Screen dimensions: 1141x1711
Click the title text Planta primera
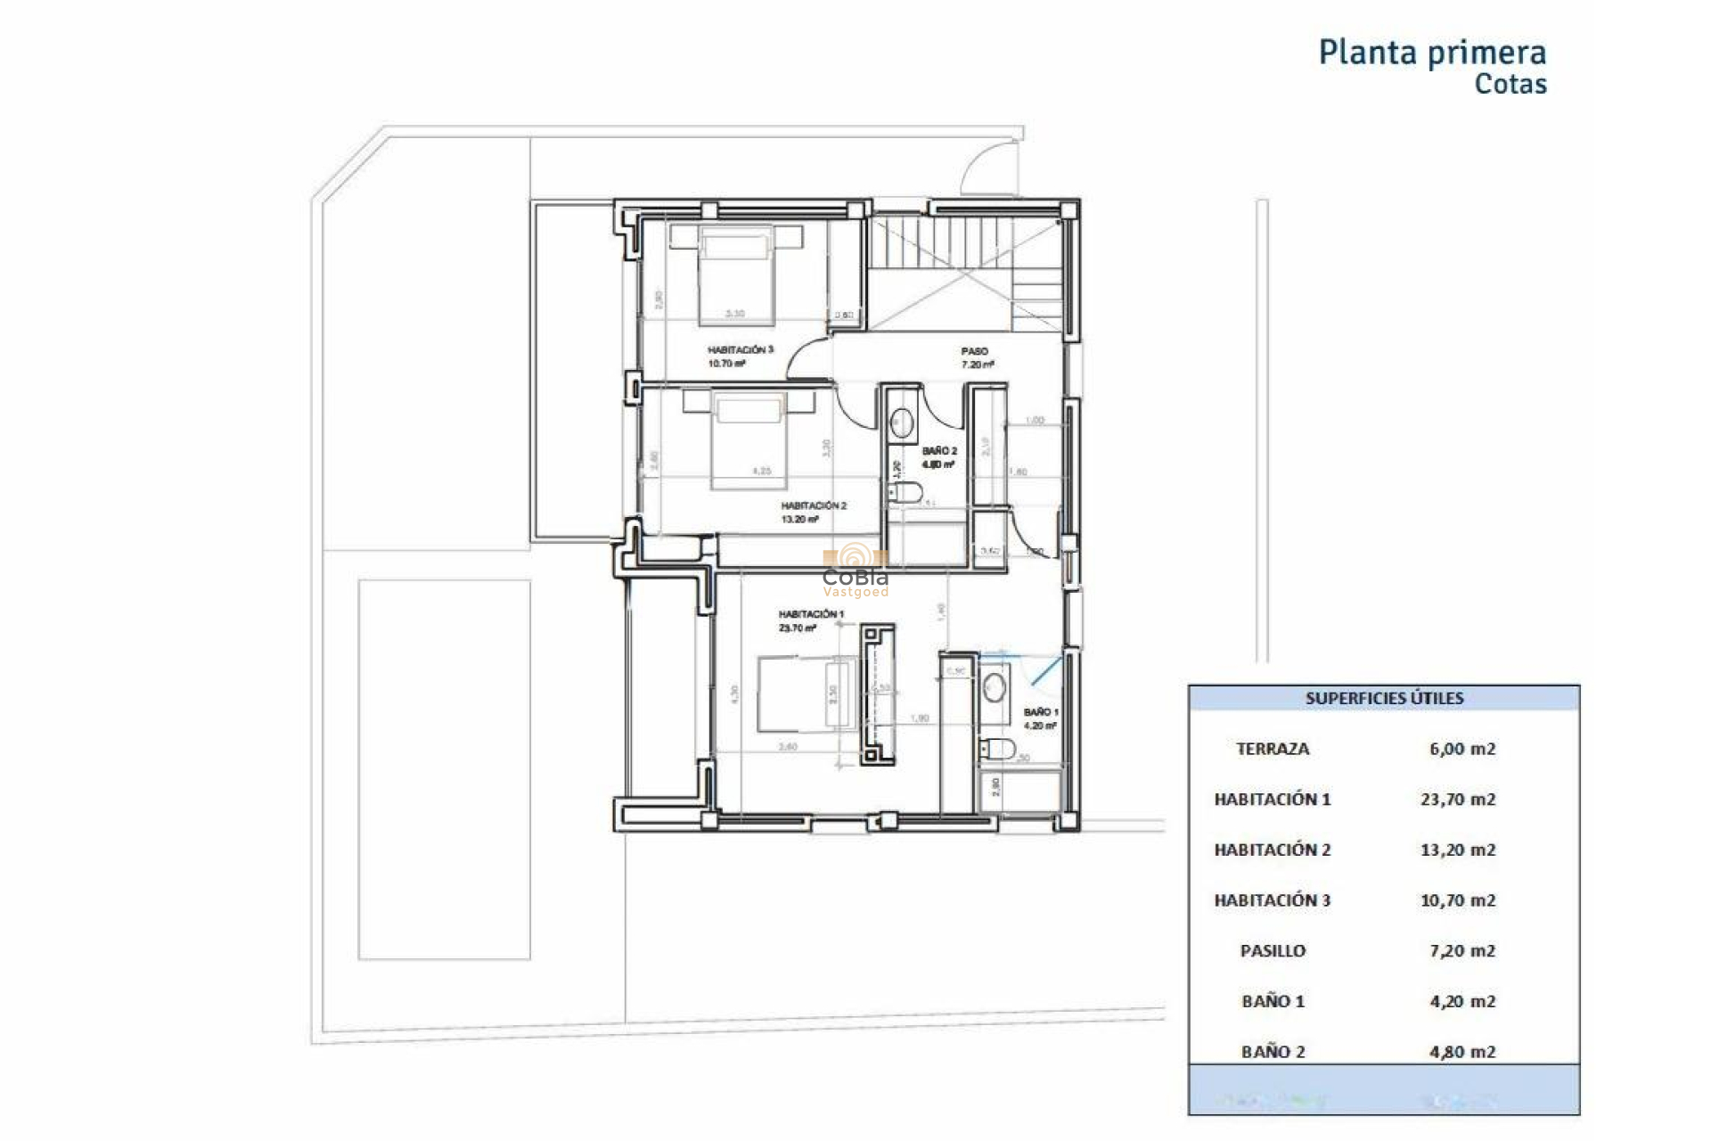coord(1431,53)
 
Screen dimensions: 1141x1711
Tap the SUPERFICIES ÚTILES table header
coord(1383,699)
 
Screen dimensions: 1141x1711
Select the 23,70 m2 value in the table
coord(1457,800)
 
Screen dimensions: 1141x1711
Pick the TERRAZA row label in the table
coord(1272,750)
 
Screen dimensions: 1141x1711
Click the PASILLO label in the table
coord(1272,951)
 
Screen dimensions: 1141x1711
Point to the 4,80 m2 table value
coord(1461,1052)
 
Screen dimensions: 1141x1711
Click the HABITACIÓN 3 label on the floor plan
coord(740,350)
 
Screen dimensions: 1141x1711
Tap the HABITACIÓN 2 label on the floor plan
coord(813,505)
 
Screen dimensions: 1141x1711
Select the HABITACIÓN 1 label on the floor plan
coord(810,614)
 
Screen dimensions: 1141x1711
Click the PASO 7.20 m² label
coord(976,357)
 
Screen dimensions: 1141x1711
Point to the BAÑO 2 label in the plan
coord(939,451)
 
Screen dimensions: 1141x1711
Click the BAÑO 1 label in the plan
coord(1040,712)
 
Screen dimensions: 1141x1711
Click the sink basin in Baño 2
coord(902,423)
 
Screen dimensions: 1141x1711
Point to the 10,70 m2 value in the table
coord(1457,900)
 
